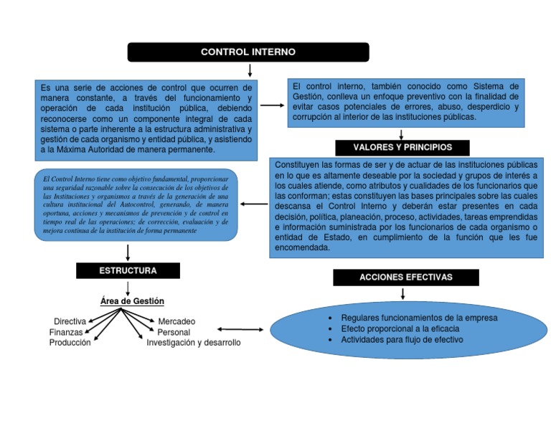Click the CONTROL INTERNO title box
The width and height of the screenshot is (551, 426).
[x=248, y=52]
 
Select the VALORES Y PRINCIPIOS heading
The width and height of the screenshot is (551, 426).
[x=402, y=147]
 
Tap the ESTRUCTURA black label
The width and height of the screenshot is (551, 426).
[x=128, y=270]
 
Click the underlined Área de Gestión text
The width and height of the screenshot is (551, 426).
[x=132, y=301]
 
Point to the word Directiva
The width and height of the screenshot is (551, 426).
[x=70, y=321]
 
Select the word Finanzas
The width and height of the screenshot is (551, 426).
[x=66, y=332]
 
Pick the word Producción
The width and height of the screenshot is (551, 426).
[x=70, y=343]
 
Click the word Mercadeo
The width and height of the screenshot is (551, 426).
[x=176, y=321]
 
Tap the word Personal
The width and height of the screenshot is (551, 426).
[x=174, y=332]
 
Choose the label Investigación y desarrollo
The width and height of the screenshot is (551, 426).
[x=194, y=343]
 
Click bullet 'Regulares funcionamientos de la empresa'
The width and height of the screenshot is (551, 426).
[x=419, y=317]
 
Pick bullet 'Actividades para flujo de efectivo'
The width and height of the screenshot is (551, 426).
[x=402, y=340]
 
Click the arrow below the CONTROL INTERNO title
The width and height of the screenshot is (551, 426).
[x=250, y=70]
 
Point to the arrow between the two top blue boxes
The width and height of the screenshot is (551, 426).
[x=272, y=105]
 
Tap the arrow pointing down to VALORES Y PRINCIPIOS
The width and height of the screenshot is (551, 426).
[x=401, y=133]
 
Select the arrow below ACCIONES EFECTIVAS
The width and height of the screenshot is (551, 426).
[x=403, y=293]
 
